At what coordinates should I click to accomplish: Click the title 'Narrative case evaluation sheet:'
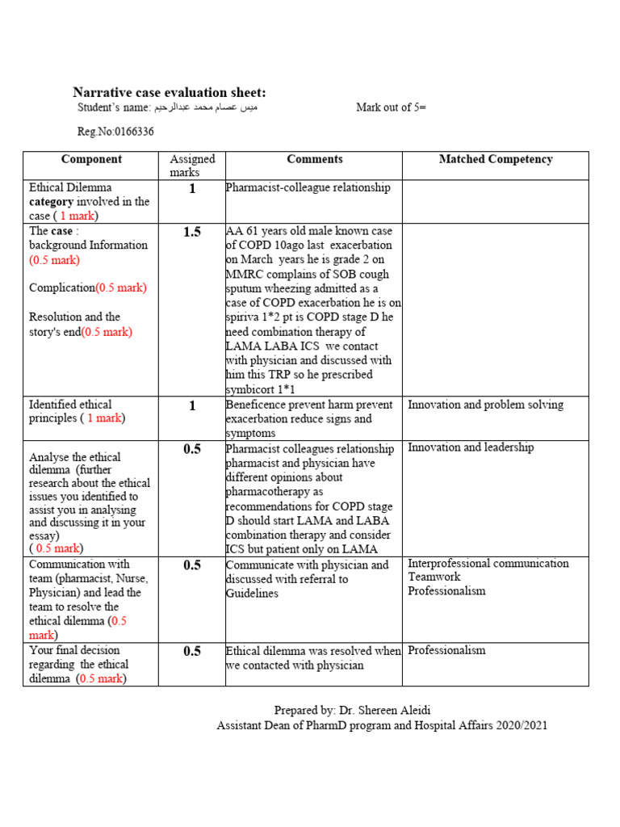click(169, 93)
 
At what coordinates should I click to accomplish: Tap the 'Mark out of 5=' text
click(392, 107)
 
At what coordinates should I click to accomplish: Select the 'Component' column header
click(91, 160)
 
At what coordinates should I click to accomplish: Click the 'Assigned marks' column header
click(192, 166)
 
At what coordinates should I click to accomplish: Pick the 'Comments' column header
click(314, 160)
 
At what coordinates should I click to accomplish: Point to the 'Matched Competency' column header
click(495, 160)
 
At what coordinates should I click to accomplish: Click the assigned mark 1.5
click(192, 233)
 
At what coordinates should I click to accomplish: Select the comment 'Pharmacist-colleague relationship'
click(308, 188)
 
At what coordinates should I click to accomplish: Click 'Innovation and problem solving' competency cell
click(486, 405)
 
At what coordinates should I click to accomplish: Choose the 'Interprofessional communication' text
click(488, 564)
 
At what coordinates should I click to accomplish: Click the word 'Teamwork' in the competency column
click(434, 577)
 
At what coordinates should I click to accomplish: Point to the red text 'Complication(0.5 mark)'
click(88, 288)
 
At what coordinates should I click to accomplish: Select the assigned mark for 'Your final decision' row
click(192, 652)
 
